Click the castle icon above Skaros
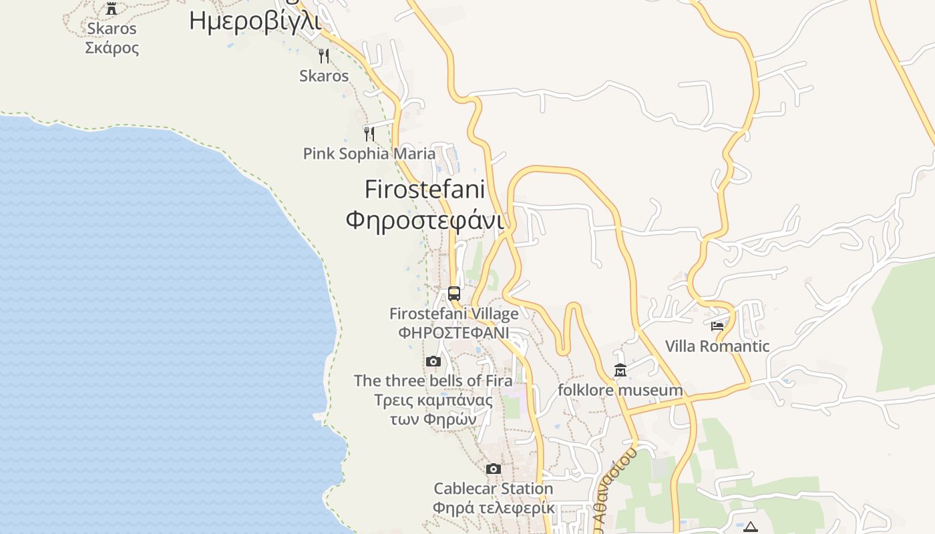pyautogui.click(x=112, y=9)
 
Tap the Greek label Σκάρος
pyautogui.click(x=112, y=48)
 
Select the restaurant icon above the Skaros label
pyautogui.click(x=324, y=55)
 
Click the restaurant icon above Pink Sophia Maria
pyautogui.click(x=369, y=133)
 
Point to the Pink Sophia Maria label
pyautogui.click(x=369, y=154)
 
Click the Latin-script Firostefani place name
pyautogui.click(x=425, y=190)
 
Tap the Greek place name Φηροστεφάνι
pyautogui.click(x=425, y=219)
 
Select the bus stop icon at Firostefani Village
pyautogui.click(x=454, y=293)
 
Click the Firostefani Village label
pyautogui.click(x=454, y=314)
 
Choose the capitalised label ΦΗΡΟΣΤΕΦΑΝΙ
pyautogui.click(x=454, y=332)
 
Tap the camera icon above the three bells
pyautogui.click(x=433, y=362)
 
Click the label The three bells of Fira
pyautogui.click(x=433, y=380)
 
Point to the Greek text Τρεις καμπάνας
pyautogui.click(x=433, y=400)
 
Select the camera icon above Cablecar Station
pyautogui.click(x=494, y=469)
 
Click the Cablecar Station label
pyautogui.click(x=494, y=489)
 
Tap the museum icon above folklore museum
pyautogui.click(x=620, y=370)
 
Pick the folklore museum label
pyautogui.click(x=620, y=390)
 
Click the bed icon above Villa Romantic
pyautogui.click(x=717, y=326)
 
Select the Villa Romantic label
pyautogui.click(x=717, y=346)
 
